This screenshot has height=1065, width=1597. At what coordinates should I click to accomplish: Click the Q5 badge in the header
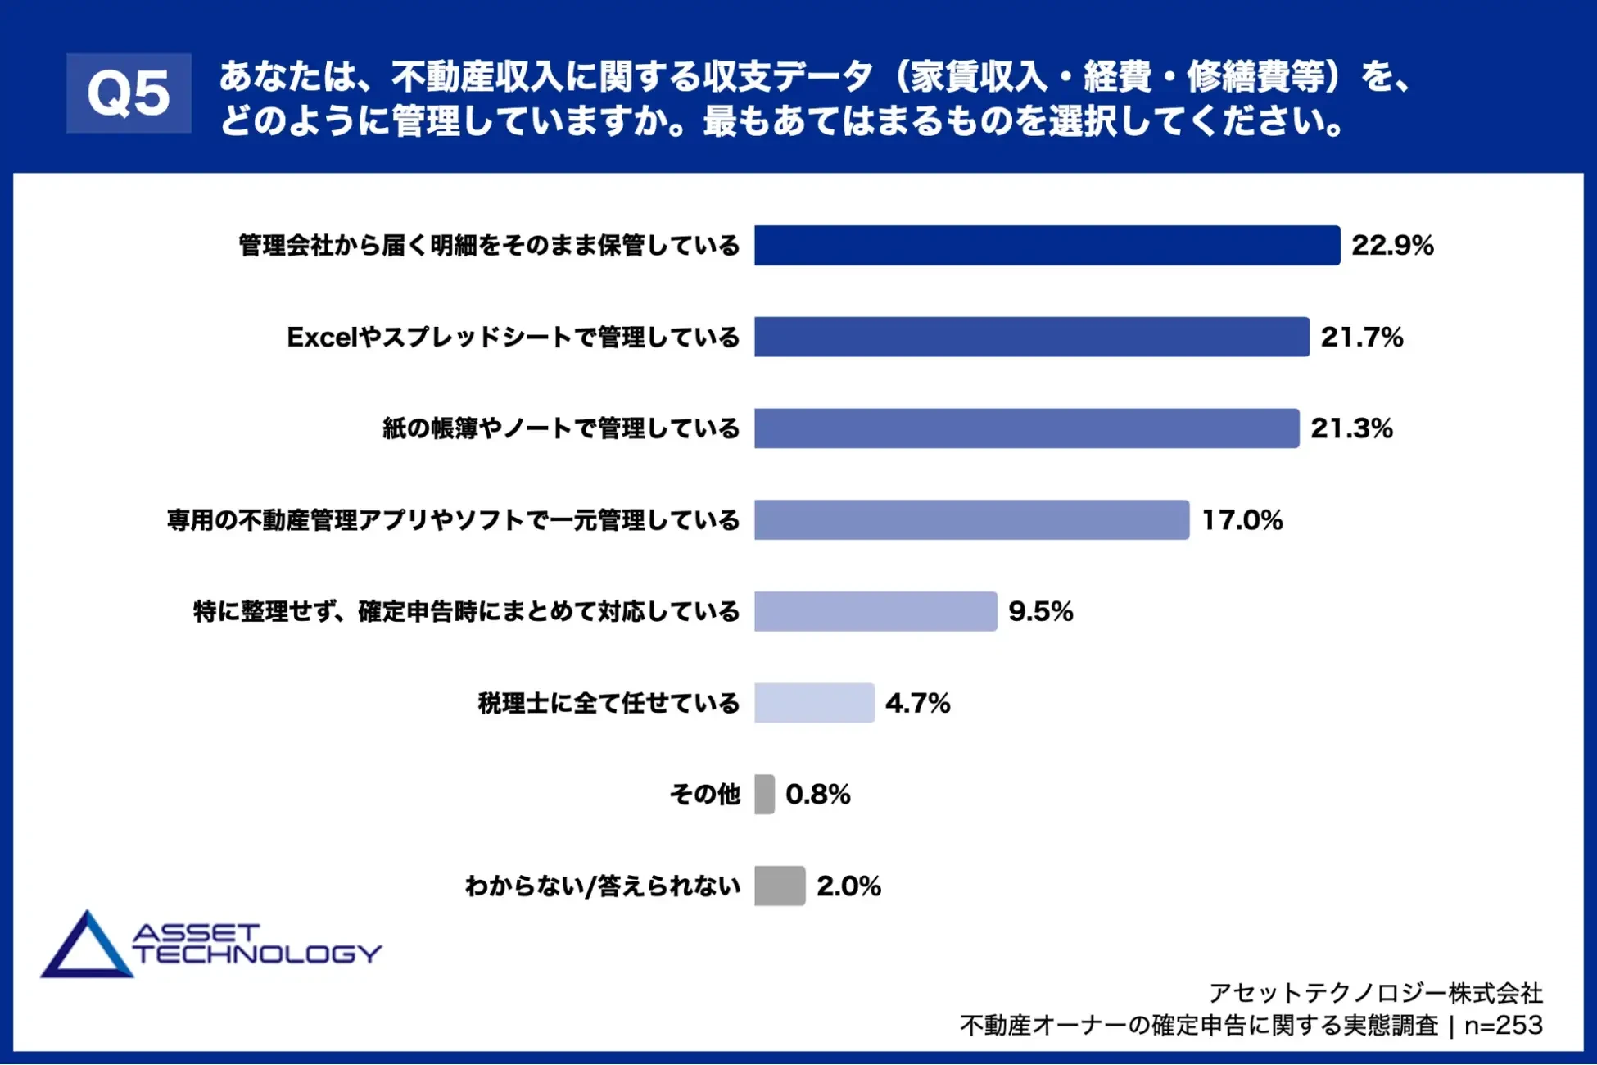129,93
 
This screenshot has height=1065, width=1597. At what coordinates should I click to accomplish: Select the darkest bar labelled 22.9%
1047,245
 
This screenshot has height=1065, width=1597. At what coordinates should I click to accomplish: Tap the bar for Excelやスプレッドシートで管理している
1031,337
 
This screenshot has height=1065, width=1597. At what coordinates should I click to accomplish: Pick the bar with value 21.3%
1026,428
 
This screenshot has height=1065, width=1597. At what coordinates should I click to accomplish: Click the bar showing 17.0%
971,519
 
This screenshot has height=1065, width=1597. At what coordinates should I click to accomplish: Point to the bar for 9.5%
875,611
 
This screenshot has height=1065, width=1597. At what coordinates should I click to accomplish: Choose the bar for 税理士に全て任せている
814,703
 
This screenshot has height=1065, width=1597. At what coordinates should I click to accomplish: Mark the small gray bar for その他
764,794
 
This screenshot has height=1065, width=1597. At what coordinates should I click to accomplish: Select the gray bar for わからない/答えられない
780,886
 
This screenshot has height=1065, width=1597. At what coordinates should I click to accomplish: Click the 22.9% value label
1392,245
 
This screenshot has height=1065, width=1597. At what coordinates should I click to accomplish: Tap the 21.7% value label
1361,337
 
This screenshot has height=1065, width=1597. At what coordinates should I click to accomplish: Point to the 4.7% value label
917,703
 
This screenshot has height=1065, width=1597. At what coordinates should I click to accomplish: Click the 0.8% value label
817,794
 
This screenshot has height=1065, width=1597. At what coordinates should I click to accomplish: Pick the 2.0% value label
848,886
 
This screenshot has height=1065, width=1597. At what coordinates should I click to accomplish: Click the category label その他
704,794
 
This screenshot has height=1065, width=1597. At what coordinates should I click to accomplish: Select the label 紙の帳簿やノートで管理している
561,428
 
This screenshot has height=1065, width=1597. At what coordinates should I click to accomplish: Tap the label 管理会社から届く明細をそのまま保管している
489,245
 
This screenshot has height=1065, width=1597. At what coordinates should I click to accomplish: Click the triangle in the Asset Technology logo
87,948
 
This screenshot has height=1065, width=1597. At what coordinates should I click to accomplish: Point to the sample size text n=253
1504,1025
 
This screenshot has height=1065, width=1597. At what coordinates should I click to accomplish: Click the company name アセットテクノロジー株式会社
1376,993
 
